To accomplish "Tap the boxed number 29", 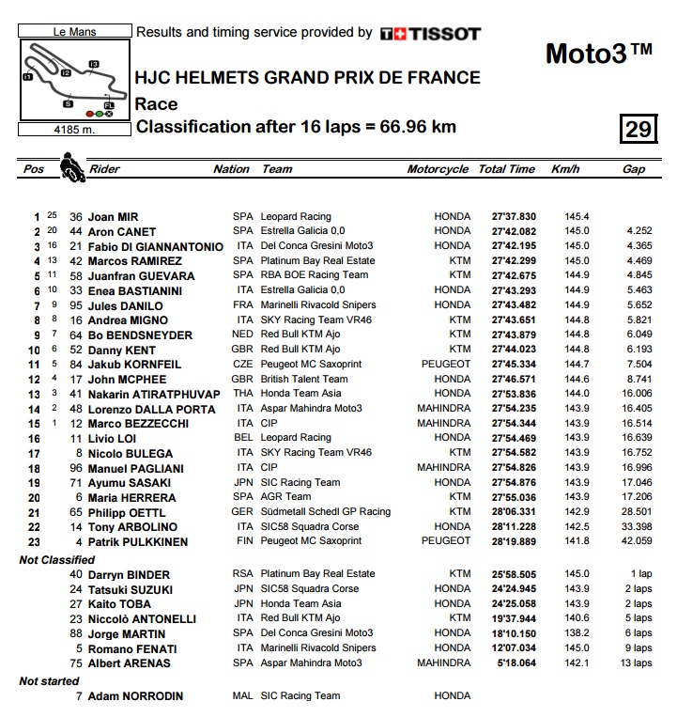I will (639, 129).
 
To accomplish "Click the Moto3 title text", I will (598, 54).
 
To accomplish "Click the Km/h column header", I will (565, 169).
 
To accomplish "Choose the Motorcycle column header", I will (438, 169).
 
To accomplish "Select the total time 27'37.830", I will (506, 216).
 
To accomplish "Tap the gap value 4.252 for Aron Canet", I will (639, 231).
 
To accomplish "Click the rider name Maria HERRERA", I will (131, 497).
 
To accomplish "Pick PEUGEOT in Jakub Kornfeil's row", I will (446, 364).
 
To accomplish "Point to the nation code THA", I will (243, 394).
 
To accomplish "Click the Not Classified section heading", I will (56, 560).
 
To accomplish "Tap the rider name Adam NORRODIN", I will (135, 696).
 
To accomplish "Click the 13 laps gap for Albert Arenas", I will (636, 663).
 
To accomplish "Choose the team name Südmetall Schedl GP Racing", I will (325, 512).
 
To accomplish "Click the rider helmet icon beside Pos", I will (69, 168).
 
